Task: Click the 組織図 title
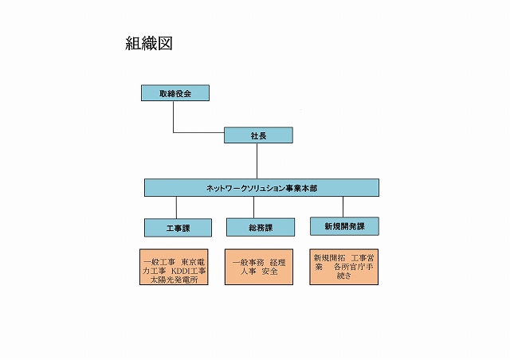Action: (x=149, y=43)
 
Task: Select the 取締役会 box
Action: (x=175, y=93)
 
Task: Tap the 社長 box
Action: (x=258, y=135)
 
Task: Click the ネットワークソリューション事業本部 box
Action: (x=261, y=188)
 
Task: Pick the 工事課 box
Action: (x=178, y=228)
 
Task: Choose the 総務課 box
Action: (x=261, y=227)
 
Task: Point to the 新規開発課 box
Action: (x=344, y=226)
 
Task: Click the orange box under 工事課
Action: (x=174, y=267)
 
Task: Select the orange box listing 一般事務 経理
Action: (x=259, y=267)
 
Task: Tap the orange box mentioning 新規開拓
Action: (x=343, y=267)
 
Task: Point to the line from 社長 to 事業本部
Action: (x=257, y=161)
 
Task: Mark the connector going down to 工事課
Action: (x=177, y=208)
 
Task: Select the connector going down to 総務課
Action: (x=254, y=207)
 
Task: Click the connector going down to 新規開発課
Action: (x=343, y=207)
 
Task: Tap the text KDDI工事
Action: (x=188, y=271)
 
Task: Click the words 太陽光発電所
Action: (x=174, y=280)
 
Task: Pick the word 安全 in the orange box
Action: (x=270, y=271)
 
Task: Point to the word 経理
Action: (x=277, y=263)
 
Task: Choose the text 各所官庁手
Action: (x=354, y=267)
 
